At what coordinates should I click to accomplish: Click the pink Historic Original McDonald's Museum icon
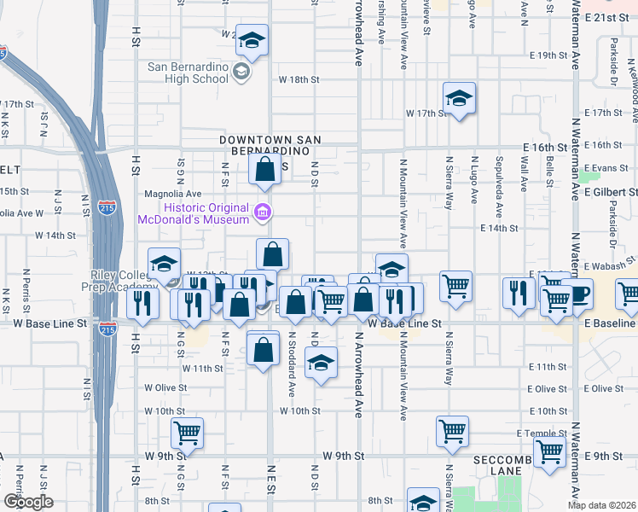pos(263,211)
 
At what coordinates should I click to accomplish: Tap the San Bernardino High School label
pos(188,73)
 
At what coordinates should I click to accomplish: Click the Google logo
pos(28,502)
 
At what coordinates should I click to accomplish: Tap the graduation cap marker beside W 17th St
pos(459,98)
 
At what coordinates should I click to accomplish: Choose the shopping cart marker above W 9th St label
pos(187,432)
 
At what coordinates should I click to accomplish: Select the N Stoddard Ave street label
pos(292,365)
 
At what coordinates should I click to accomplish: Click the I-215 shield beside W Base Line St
pos(107,329)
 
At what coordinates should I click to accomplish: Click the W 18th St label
pos(299,79)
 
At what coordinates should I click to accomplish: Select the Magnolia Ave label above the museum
pos(174,194)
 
